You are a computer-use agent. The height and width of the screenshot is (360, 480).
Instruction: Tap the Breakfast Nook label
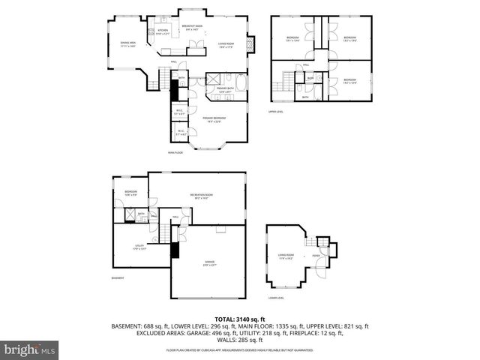(x=191, y=28)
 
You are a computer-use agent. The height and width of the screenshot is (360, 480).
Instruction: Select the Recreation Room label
(x=199, y=196)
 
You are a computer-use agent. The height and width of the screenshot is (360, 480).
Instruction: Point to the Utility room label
(x=139, y=247)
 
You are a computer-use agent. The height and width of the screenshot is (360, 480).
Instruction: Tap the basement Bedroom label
(x=131, y=193)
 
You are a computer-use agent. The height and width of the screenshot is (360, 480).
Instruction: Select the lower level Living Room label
(x=286, y=256)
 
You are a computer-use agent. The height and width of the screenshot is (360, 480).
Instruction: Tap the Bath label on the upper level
(x=304, y=97)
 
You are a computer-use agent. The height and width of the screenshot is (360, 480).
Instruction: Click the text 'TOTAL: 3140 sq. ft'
(x=240, y=319)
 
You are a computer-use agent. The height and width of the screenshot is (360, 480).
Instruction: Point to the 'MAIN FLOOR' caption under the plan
(x=176, y=153)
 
